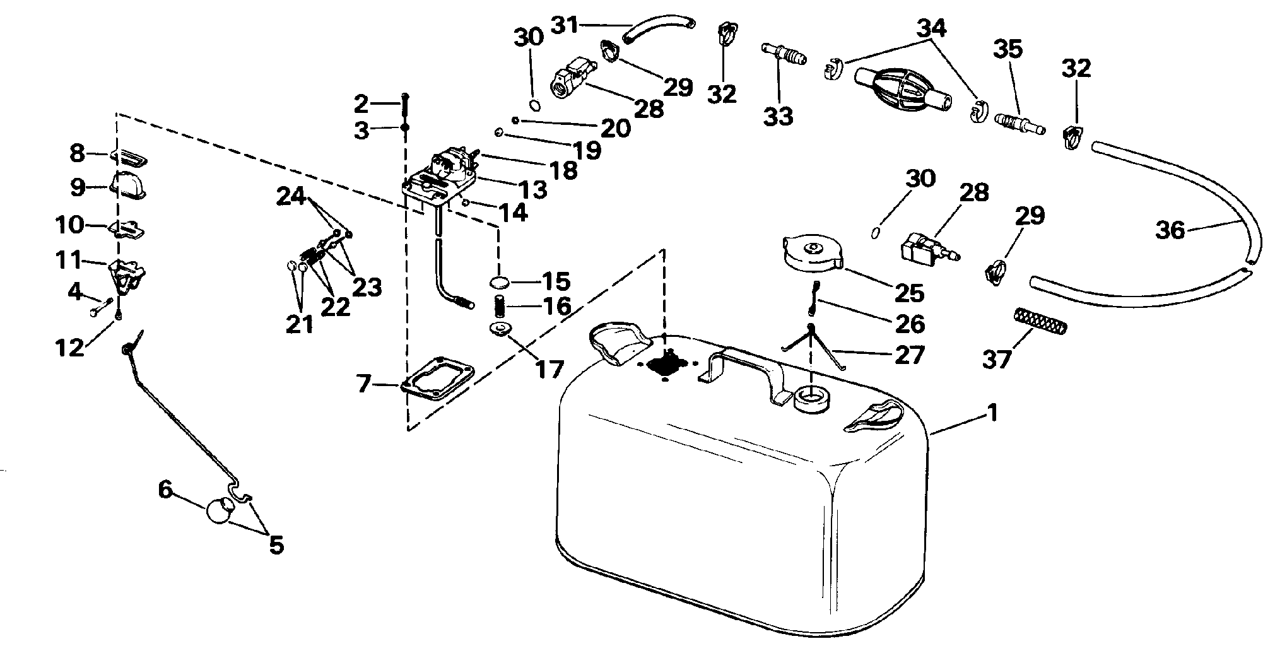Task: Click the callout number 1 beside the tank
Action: point(992,414)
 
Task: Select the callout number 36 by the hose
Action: point(1170,231)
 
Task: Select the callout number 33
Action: point(778,117)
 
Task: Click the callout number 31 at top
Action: point(565,25)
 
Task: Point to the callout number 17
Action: point(549,369)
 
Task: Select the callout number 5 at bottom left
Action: point(276,544)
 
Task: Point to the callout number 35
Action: point(1008,49)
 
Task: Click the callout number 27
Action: point(909,355)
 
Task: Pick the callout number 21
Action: point(300,324)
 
